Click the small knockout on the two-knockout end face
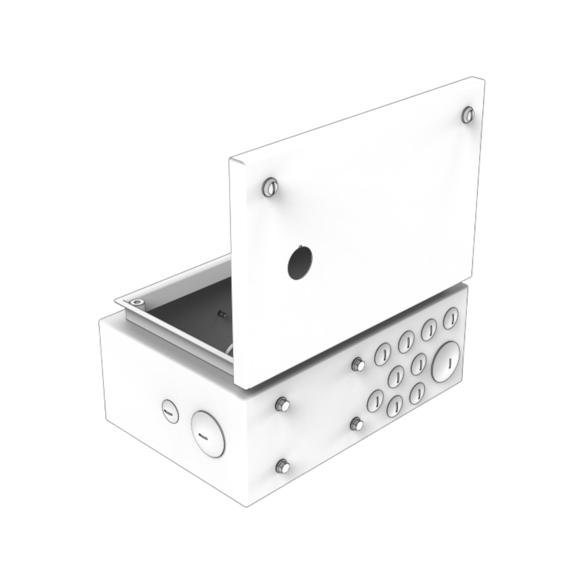pos(169,411)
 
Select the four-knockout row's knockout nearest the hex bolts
pos(382,354)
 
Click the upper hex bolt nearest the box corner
pos(282,404)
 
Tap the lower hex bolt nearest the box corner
pos(282,467)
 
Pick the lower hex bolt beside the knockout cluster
pos(358,424)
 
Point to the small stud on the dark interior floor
pos(222,313)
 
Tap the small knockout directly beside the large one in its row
pos(420,363)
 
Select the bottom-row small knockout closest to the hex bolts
pos(375,400)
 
